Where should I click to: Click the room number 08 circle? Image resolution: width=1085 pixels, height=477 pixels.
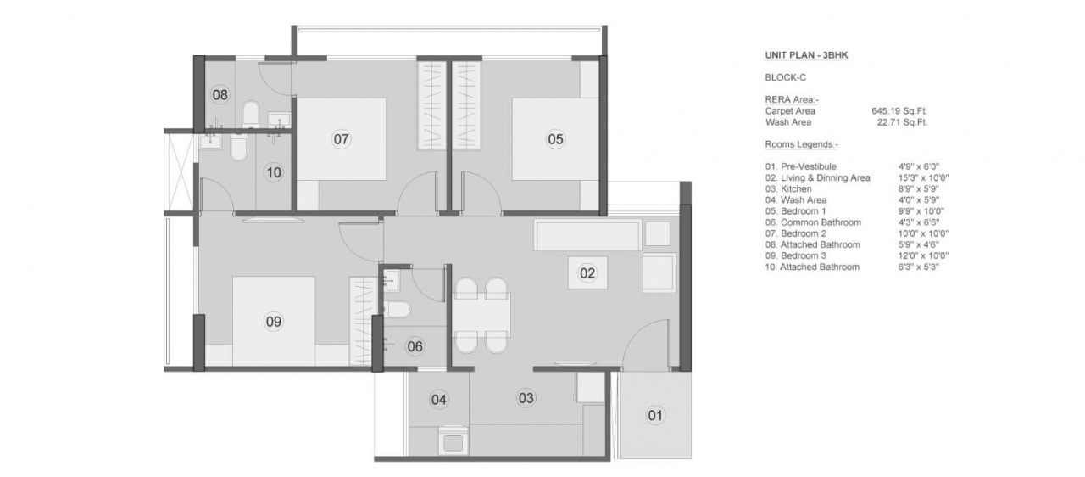tap(220, 94)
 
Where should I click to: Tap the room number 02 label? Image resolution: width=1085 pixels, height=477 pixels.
tap(587, 273)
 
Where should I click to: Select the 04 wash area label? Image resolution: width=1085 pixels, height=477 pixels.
tap(439, 400)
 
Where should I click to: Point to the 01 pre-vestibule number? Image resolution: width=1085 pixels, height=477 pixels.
tap(655, 415)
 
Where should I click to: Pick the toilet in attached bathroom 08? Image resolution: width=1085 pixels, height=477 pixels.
tap(250, 114)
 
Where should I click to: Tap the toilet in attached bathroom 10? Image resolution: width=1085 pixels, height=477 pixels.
tap(239, 146)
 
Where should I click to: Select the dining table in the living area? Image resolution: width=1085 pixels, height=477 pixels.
tap(481, 315)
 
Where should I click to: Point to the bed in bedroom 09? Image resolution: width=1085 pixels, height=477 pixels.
tap(274, 321)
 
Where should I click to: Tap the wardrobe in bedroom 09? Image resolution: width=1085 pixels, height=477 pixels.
tap(364, 321)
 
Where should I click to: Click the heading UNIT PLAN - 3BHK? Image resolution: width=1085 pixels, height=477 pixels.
tap(806, 55)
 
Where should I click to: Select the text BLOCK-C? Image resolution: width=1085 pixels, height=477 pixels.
tap(786, 77)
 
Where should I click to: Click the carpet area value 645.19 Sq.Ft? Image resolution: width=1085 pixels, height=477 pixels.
tap(899, 111)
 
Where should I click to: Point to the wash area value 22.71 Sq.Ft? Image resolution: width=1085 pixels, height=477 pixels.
tap(902, 122)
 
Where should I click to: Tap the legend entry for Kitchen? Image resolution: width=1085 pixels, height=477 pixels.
tap(788, 189)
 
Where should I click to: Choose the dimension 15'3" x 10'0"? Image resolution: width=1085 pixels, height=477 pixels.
tap(923, 178)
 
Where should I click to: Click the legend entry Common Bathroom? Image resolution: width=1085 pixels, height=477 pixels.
tap(813, 222)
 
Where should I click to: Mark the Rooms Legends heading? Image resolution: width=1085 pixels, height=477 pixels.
tap(802, 144)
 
